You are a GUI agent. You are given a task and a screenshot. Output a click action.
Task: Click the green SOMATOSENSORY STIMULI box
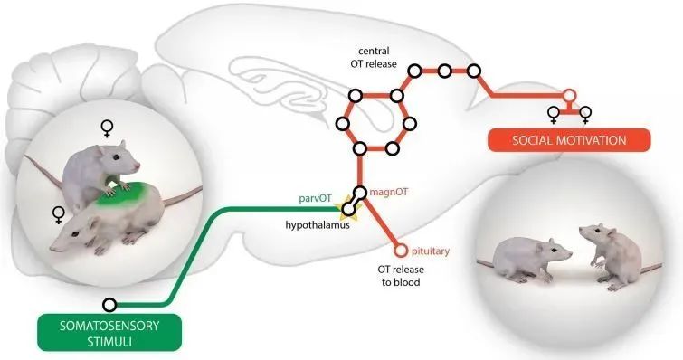click(x=111, y=331)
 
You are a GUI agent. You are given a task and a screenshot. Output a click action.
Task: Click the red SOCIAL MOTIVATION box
click(x=569, y=141)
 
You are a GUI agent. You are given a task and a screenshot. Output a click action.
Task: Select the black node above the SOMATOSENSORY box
click(x=109, y=304)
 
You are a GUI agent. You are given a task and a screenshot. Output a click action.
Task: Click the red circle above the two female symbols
click(x=569, y=95)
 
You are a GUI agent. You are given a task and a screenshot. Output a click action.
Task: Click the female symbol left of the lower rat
click(x=59, y=214)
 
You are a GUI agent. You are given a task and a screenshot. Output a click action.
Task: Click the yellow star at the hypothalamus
click(x=346, y=211)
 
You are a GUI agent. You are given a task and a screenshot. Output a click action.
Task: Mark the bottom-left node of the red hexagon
click(x=360, y=147)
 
